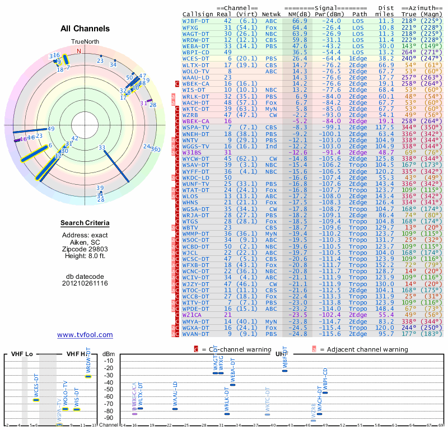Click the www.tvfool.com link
(85, 335)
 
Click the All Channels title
(85, 29)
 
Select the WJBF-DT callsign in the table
(196, 21)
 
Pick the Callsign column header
(196, 14)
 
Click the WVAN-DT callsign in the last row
(196, 334)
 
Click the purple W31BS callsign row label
(192, 152)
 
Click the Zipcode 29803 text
(85, 249)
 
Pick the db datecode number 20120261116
(85, 283)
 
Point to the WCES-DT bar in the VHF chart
(36, 400)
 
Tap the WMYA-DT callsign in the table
(196, 322)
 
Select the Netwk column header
(272, 14)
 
